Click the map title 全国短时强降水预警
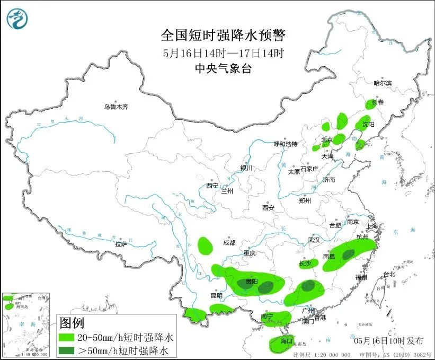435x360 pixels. click(223, 36)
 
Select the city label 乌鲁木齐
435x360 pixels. click(116, 107)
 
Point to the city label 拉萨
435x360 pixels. click(121, 244)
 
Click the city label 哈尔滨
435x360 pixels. click(382, 83)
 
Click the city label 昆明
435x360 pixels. click(217, 295)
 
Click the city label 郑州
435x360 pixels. click(305, 200)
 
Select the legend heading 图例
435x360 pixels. click(72, 322)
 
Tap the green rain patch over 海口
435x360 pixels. click(281, 342)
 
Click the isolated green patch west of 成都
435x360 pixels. click(206, 245)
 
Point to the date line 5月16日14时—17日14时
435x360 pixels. click(223, 52)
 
